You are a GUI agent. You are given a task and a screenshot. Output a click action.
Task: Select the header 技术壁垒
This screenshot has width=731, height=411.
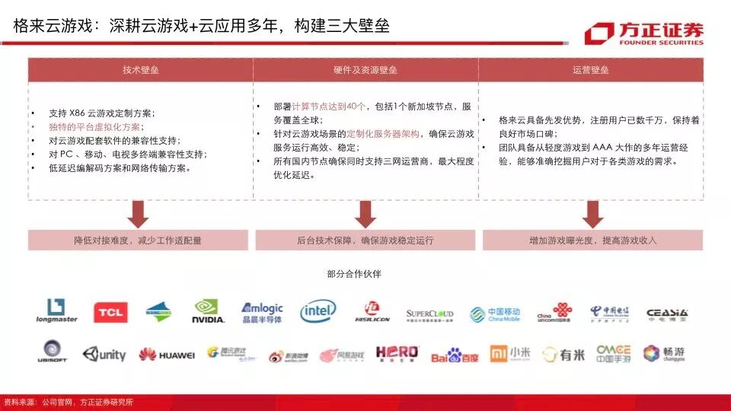141,70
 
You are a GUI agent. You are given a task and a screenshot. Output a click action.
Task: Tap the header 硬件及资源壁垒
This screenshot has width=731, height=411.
365,70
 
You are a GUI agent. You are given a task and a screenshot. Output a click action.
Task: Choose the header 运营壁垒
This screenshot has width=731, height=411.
590,70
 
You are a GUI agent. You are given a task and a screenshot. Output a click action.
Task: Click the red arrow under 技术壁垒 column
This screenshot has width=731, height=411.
138,214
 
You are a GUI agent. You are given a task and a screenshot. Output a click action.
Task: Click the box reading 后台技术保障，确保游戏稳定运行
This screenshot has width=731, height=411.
365,241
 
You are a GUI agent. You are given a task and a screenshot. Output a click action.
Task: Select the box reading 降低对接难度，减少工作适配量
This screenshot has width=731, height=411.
138,241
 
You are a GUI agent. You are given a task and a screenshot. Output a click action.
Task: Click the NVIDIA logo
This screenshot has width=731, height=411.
208,311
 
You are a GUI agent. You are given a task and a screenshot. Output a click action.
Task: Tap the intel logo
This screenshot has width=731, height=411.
318,311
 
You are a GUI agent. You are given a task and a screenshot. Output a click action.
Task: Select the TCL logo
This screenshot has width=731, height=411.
110,312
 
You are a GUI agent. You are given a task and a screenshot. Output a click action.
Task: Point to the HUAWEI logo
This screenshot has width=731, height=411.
166,354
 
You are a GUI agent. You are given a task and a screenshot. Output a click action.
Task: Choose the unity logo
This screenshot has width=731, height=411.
104,354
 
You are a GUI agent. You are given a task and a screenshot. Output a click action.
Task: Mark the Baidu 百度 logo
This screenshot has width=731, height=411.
455,354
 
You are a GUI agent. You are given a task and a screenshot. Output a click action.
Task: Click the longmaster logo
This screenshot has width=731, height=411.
56,311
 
